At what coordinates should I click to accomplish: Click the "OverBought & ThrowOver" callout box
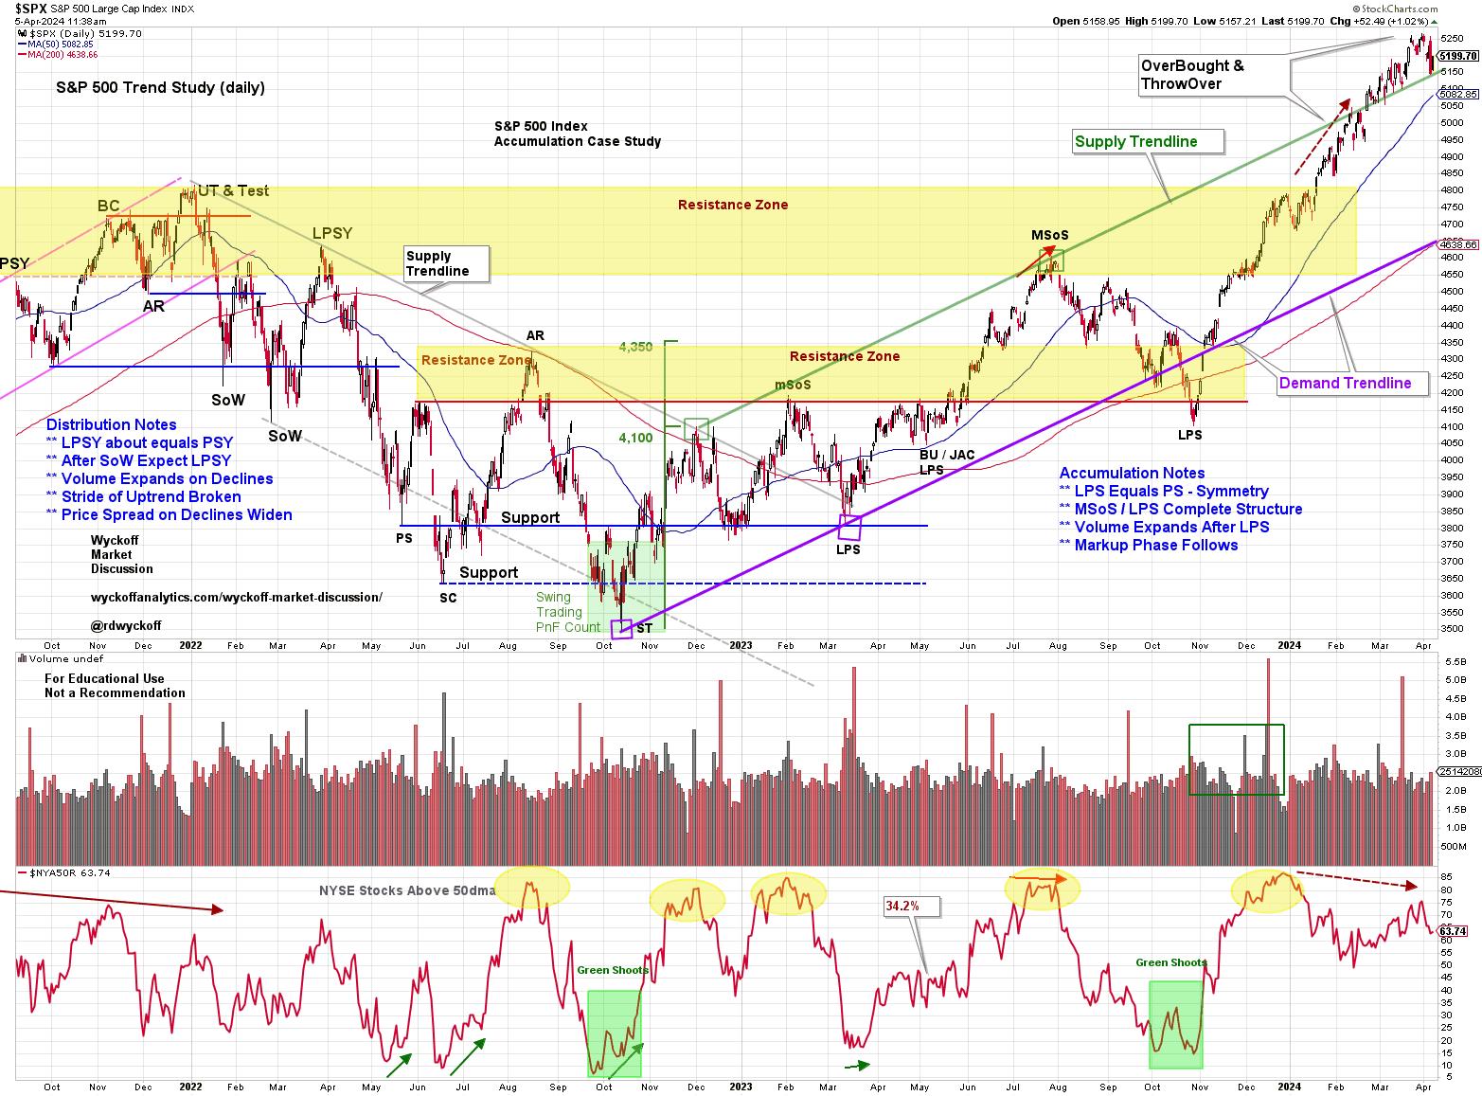click(1193, 75)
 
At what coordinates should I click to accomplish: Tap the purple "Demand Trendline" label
click(1345, 384)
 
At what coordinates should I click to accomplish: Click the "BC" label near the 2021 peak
click(109, 206)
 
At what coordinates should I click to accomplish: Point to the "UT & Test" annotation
click(233, 191)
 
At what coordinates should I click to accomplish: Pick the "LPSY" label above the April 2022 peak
click(332, 233)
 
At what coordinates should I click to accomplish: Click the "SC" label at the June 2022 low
click(448, 598)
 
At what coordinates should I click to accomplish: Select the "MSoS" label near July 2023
click(1049, 236)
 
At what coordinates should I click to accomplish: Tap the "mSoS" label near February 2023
click(793, 386)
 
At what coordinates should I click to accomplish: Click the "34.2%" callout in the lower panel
click(902, 907)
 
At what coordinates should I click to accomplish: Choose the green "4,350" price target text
click(635, 348)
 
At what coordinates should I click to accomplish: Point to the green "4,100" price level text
click(635, 438)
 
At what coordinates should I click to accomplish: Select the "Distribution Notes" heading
click(111, 425)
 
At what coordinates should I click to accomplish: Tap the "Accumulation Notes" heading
click(1132, 474)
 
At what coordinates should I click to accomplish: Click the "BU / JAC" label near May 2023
click(947, 456)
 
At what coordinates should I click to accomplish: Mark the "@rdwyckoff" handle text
click(126, 626)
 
